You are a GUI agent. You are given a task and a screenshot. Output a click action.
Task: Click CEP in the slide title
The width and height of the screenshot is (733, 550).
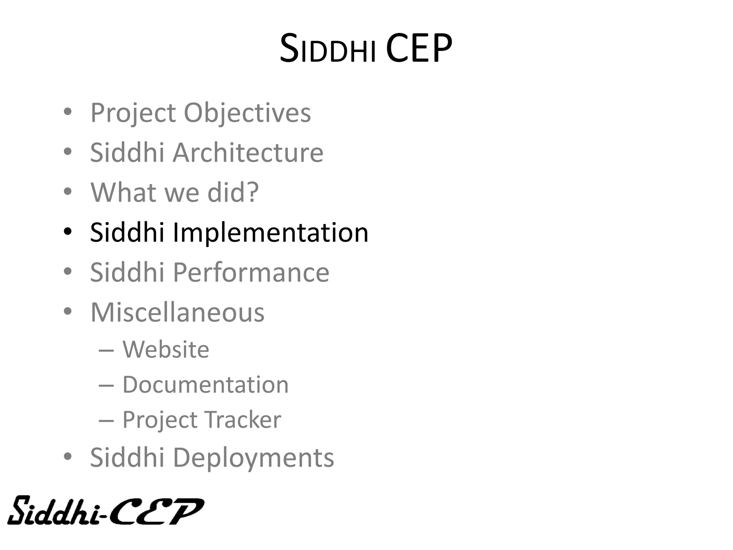[419, 49]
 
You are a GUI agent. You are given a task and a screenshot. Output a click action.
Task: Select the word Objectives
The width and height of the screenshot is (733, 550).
[247, 113]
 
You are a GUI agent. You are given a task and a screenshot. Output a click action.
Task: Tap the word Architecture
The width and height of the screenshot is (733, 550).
[248, 153]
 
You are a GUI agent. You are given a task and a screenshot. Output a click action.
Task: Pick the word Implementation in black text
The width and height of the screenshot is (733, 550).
[271, 232]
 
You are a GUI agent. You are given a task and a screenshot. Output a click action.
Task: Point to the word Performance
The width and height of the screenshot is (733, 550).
[251, 272]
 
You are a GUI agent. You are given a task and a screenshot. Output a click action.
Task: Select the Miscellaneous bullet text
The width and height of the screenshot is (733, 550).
[177, 313]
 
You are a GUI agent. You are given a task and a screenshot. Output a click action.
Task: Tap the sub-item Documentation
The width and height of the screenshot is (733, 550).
[205, 385]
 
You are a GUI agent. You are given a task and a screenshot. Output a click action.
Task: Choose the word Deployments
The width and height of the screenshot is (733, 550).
[253, 458]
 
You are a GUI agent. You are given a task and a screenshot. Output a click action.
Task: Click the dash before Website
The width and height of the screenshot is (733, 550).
[106, 350]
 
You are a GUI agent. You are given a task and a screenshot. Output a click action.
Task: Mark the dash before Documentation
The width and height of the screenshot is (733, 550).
[106, 385]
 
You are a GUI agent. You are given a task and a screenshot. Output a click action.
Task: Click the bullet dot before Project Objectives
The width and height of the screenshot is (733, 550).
[68, 112]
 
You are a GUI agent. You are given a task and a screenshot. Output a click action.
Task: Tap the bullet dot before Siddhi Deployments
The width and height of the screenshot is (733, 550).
[68, 457]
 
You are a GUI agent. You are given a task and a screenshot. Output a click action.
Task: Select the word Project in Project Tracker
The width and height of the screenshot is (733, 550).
[160, 420]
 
